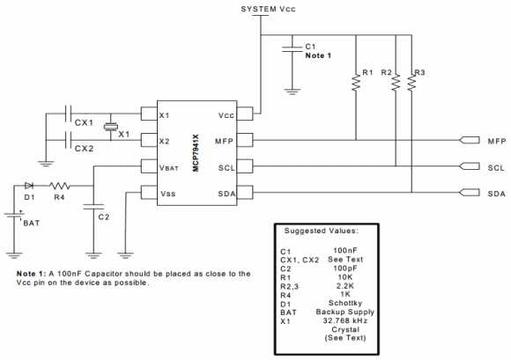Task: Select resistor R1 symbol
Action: (356, 81)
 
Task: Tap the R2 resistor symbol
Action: (395, 81)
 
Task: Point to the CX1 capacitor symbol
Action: (71, 114)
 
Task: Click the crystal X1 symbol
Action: (110, 128)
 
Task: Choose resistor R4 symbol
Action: (59, 186)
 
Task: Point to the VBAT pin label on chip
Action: (168, 166)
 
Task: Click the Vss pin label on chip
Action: (167, 193)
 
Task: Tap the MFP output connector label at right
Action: (495, 141)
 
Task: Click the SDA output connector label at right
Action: (495, 193)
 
